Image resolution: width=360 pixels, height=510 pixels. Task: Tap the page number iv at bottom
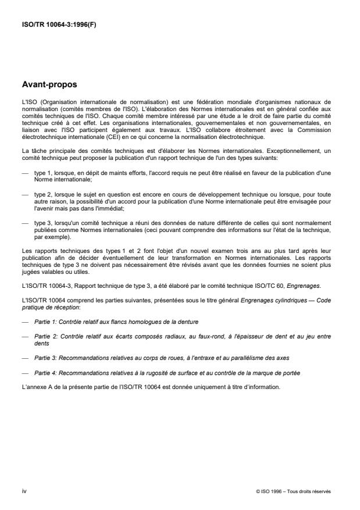pyautogui.click(x=24, y=491)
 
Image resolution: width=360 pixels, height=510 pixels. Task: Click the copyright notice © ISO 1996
pyautogui.click(x=293, y=491)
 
